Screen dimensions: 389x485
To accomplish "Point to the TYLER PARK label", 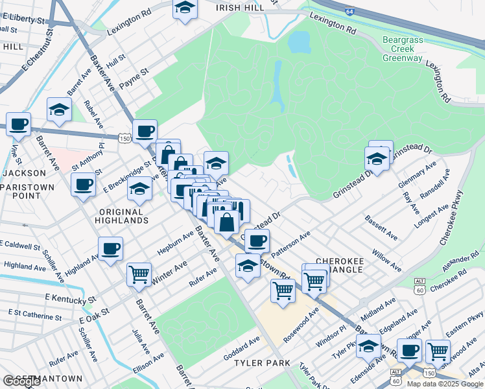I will (262, 363).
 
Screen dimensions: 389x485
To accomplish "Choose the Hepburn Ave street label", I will (175, 243).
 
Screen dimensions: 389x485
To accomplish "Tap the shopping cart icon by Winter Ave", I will (139, 274).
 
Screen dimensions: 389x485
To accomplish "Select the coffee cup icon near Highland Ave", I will (110, 248).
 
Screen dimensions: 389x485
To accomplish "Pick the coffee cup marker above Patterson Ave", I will (257, 241).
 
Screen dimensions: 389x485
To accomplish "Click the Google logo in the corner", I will (21, 381).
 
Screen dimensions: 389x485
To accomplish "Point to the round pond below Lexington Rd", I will (299, 42).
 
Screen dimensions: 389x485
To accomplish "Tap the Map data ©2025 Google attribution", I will (444, 384).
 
